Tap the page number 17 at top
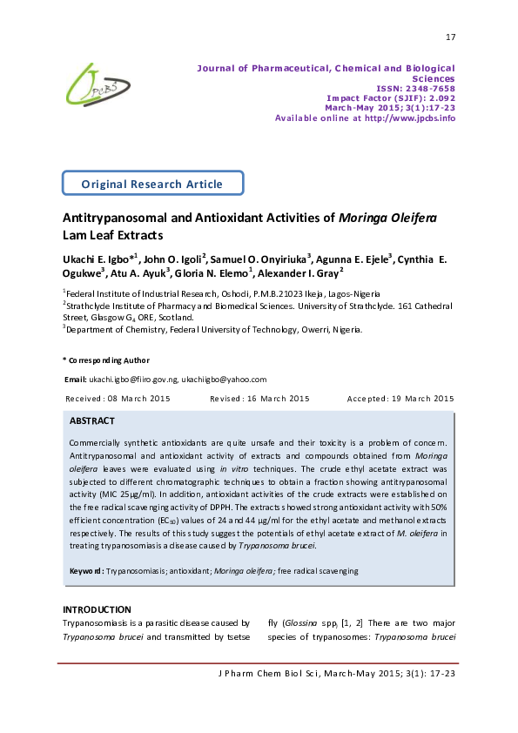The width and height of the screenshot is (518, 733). tap(449, 37)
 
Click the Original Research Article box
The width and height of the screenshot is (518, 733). tap(152, 184)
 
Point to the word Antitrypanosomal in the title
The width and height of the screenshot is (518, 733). tap(112, 218)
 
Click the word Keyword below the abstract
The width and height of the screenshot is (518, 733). tap(86, 571)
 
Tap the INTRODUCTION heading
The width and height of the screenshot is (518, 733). tap(97, 609)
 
